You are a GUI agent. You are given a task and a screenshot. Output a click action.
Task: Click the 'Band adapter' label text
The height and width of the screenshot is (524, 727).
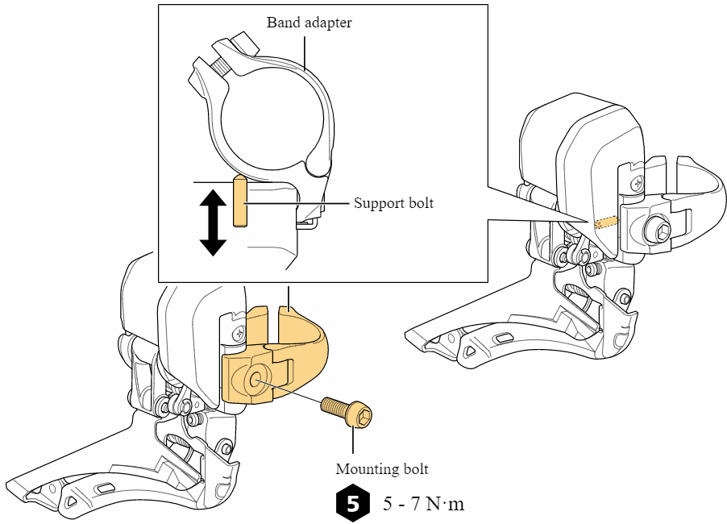click(309, 23)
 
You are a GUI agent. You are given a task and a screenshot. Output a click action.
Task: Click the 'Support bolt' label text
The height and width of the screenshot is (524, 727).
click(393, 203)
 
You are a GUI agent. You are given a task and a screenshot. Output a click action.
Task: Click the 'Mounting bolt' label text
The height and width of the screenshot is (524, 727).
click(382, 468)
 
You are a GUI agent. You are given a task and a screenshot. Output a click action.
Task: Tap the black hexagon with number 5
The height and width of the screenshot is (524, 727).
click(352, 503)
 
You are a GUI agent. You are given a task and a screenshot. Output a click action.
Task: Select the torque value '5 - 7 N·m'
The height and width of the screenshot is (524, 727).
click(424, 504)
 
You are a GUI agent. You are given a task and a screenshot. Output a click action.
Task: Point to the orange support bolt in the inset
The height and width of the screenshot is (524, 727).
click(239, 202)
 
